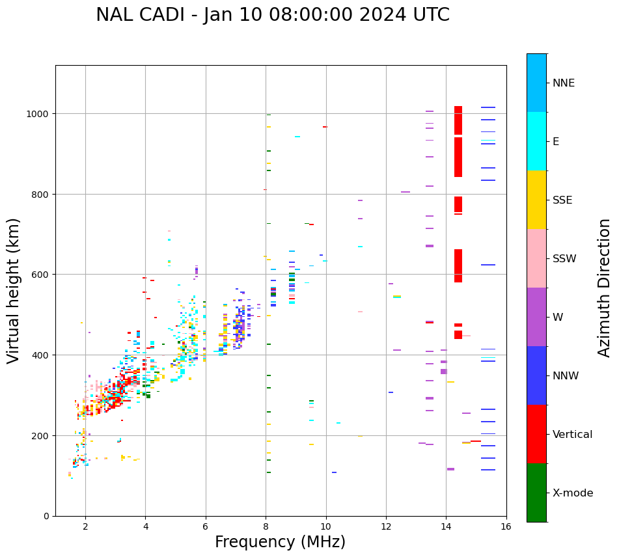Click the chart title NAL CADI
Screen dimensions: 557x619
pos(272,15)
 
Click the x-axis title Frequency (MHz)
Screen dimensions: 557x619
pos(280,542)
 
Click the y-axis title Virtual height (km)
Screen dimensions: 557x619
pos(14,290)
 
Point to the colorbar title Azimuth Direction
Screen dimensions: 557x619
pos(605,288)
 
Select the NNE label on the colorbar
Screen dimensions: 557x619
pos(564,83)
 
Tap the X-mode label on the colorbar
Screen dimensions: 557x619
pos(573,493)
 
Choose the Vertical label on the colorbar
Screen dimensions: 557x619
pos(573,435)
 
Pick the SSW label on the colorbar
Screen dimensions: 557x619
pos(564,259)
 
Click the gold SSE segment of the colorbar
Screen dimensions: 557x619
pos(536,200)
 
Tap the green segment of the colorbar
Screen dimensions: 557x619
pos(536,493)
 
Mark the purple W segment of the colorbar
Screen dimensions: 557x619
pos(536,317)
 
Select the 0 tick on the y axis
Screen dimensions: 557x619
pos(46,516)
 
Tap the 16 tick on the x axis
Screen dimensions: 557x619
pos(506,527)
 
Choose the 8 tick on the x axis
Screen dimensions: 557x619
pos(266,527)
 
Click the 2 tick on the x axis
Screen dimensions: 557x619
pos(85,527)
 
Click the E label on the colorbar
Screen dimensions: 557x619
pos(556,142)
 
